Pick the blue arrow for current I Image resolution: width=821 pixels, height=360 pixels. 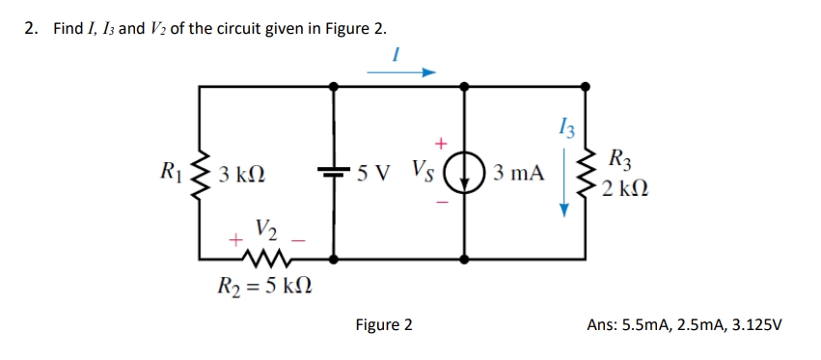pyautogui.click(x=401, y=71)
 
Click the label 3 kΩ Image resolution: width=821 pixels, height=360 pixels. pyautogui.click(x=241, y=176)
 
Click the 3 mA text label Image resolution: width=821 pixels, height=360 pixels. pyautogui.click(x=518, y=175)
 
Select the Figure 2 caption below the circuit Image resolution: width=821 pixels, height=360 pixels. pyautogui.click(x=383, y=325)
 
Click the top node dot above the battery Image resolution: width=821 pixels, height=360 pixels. pyautogui.click(x=334, y=86)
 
